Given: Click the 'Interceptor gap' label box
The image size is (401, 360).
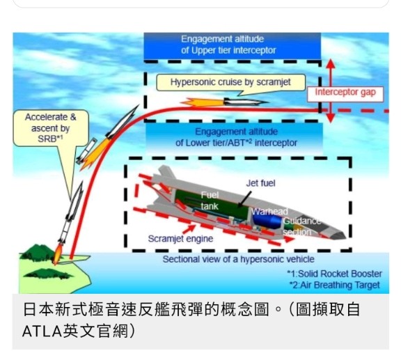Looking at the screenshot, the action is click(345, 94).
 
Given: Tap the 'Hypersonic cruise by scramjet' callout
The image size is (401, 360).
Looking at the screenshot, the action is click(230, 82).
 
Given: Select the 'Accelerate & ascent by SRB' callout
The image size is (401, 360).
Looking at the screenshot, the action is click(51, 128).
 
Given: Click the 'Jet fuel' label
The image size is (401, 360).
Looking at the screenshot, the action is click(260, 183).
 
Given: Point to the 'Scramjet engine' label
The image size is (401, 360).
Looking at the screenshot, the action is click(180, 239).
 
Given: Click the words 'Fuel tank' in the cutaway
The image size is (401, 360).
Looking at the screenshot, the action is click(210, 201).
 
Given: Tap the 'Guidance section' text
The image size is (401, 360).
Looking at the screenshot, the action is click(301, 226).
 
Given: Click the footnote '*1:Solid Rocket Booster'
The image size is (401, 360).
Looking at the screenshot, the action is click(334, 274).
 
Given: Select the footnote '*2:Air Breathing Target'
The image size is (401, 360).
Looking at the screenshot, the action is click(334, 285).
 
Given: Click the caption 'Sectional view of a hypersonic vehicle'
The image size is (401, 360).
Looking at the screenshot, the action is click(238, 259).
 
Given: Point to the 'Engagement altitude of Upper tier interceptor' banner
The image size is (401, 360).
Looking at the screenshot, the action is click(233, 46).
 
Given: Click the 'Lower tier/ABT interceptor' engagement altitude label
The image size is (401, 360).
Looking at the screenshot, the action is click(236, 138).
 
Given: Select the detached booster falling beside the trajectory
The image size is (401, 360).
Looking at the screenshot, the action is click(86, 151).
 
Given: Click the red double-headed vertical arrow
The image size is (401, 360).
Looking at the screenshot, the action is click(331, 91).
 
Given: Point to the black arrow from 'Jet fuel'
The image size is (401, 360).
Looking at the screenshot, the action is click(244, 199).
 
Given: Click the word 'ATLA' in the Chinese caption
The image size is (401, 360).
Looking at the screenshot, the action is click(42, 331).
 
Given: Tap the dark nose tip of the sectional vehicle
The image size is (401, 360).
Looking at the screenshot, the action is click(338, 235).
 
